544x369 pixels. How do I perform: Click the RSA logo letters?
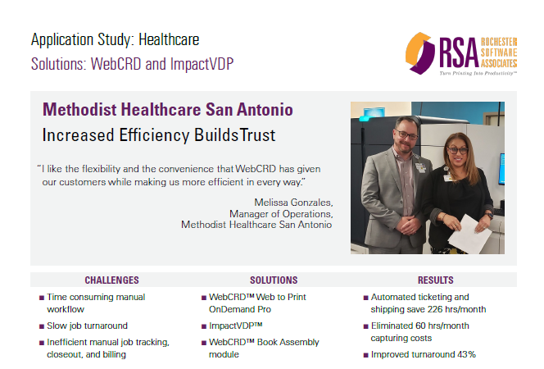tap(459, 52)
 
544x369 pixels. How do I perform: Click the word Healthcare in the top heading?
tap(169, 39)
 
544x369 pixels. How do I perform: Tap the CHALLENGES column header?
tap(111, 280)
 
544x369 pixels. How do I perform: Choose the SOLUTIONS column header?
tap(274, 280)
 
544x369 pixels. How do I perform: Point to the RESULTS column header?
tap(435, 280)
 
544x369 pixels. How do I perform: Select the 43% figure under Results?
tap(467, 354)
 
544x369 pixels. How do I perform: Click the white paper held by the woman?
tap(469, 234)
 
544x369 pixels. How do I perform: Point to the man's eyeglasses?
tap(406, 134)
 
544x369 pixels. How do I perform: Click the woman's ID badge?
tap(447, 176)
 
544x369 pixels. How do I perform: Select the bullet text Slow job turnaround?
tap(87, 326)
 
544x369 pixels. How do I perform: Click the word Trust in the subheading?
tap(258, 135)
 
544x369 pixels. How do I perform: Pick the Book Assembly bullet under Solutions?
tap(264, 348)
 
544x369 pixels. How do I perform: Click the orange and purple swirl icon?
tap(420, 53)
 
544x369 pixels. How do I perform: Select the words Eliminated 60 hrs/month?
tap(419, 326)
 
